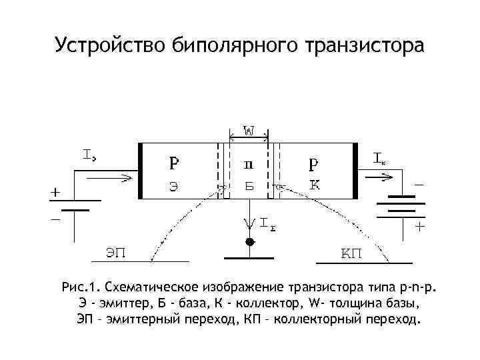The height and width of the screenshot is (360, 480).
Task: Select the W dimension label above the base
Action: (x=248, y=132)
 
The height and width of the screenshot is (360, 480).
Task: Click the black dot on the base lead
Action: (x=249, y=241)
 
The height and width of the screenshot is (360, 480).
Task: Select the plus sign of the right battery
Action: (x=420, y=227)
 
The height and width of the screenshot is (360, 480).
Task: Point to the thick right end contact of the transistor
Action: (x=355, y=171)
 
